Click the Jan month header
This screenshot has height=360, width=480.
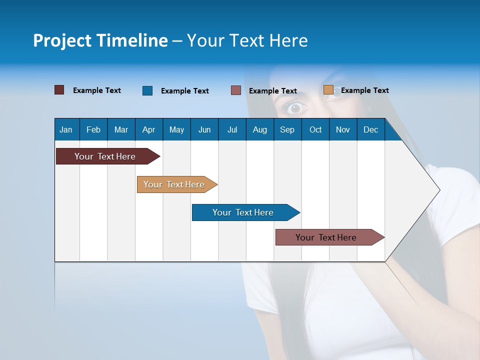[66, 129]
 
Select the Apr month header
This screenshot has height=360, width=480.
[148, 129]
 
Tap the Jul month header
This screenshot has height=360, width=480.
[232, 129]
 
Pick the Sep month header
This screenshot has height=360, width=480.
[287, 129]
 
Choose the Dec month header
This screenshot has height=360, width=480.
[370, 129]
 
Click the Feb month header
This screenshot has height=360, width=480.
[93, 129]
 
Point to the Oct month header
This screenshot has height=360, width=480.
[315, 129]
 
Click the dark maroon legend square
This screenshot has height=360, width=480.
[59, 90]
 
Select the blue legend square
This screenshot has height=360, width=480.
[147, 90]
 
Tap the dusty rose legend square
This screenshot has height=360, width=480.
[236, 90]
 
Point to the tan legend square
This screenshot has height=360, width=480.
[328, 90]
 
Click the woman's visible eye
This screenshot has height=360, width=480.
[296, 107]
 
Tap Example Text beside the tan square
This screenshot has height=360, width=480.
[364, 90]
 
